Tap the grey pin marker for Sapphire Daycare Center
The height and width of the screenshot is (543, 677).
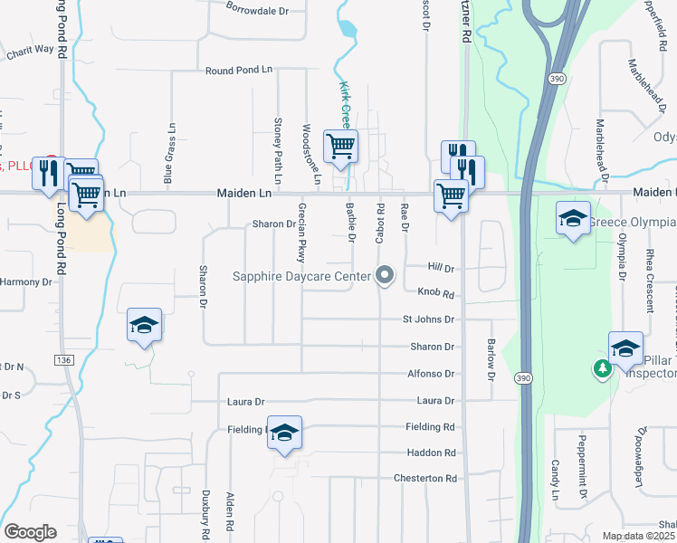386,274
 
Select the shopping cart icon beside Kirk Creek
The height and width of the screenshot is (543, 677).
340,146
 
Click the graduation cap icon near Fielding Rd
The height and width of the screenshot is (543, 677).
284,433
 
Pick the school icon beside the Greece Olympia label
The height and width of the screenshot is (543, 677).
573,218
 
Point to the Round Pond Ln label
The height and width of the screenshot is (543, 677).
238,70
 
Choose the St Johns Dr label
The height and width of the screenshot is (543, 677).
428,319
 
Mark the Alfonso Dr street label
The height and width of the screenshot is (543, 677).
430,373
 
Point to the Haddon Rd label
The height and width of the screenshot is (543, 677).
431,452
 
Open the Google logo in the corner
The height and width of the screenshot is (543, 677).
30,532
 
